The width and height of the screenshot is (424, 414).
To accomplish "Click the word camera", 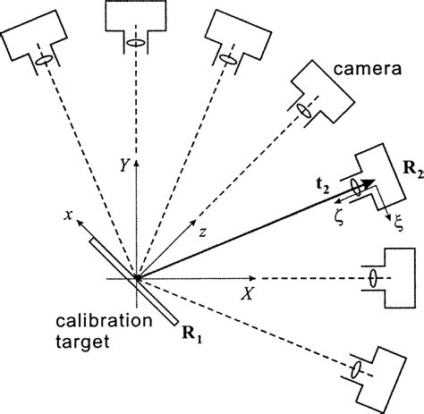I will tap(367, 69).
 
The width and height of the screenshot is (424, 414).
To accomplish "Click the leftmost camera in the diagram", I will tap(37, 36).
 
